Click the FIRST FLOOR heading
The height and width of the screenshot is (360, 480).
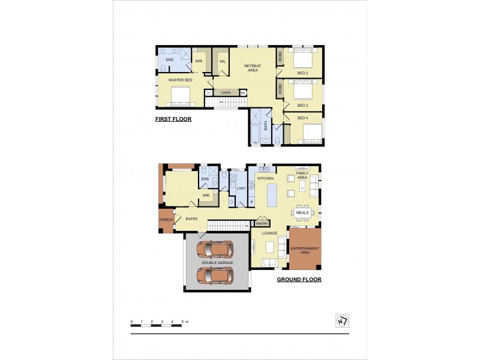tap(173, 119)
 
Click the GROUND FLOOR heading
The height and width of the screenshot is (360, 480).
tap(299, 280)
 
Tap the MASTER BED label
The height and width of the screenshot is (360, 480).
tap(180, 80)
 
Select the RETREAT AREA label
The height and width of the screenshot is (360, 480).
tap(253, 68)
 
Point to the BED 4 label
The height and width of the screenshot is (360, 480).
tap(303, 118)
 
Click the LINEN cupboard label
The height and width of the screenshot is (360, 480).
tap(226, 92)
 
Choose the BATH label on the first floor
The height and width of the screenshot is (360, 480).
tap(265, 127)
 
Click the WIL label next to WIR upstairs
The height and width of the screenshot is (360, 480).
tap(222, 61)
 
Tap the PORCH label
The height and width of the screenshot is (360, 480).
tap(166, 220)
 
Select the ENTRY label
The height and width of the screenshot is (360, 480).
tap(191, 219)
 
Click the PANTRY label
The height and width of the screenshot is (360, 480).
tap(262, 223)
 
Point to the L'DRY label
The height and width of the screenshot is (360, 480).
tap(242, 189)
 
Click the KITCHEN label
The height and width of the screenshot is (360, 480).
tap(266, 179)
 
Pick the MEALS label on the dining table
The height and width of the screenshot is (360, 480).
tap(302, 212)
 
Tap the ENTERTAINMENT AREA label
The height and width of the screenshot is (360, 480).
tap(305, 250)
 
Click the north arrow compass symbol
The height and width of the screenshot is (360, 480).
tap(342, 321)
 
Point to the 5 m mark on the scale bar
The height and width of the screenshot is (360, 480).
tap(182, 322)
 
